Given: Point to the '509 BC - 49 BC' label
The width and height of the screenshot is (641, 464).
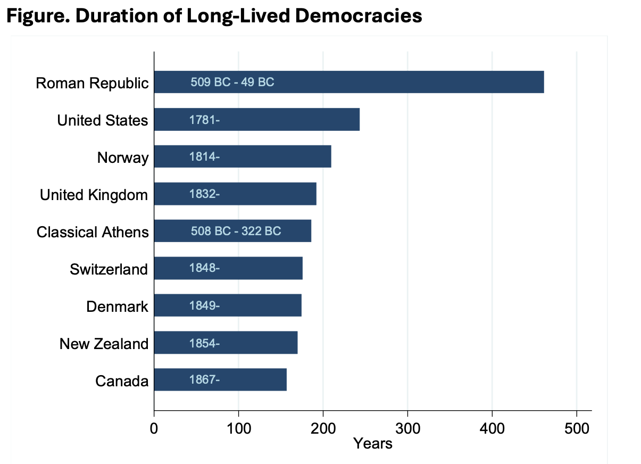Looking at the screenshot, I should click(x=232, y=82).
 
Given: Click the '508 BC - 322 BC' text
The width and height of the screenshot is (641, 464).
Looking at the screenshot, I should click(x=236, y=231).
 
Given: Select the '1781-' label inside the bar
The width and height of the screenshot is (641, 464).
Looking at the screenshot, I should click(x=204, y=120).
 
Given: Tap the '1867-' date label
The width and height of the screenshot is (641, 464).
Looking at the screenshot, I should click(x=204, y=380).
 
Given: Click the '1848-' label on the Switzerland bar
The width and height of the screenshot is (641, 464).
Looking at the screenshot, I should click(x=204, y=269).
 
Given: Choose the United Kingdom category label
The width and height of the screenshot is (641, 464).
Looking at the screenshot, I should click(x=94, y=195).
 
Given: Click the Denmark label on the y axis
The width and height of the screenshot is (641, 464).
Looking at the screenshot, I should click(x=117, y=307).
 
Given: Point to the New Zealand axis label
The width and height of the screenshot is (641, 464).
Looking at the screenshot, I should click(x=104, y=344).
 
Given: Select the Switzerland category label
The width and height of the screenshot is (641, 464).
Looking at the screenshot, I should click(x=109, y=270).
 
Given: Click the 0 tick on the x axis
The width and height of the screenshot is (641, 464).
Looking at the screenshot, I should click(x=154, y=427).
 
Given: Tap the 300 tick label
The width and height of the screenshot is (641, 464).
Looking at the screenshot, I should click(x=407, y=427).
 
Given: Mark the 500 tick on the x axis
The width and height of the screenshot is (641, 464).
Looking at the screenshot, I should click(x=577, y=427).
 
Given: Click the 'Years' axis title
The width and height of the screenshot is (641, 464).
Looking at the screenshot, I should click(x=372, y=443).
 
